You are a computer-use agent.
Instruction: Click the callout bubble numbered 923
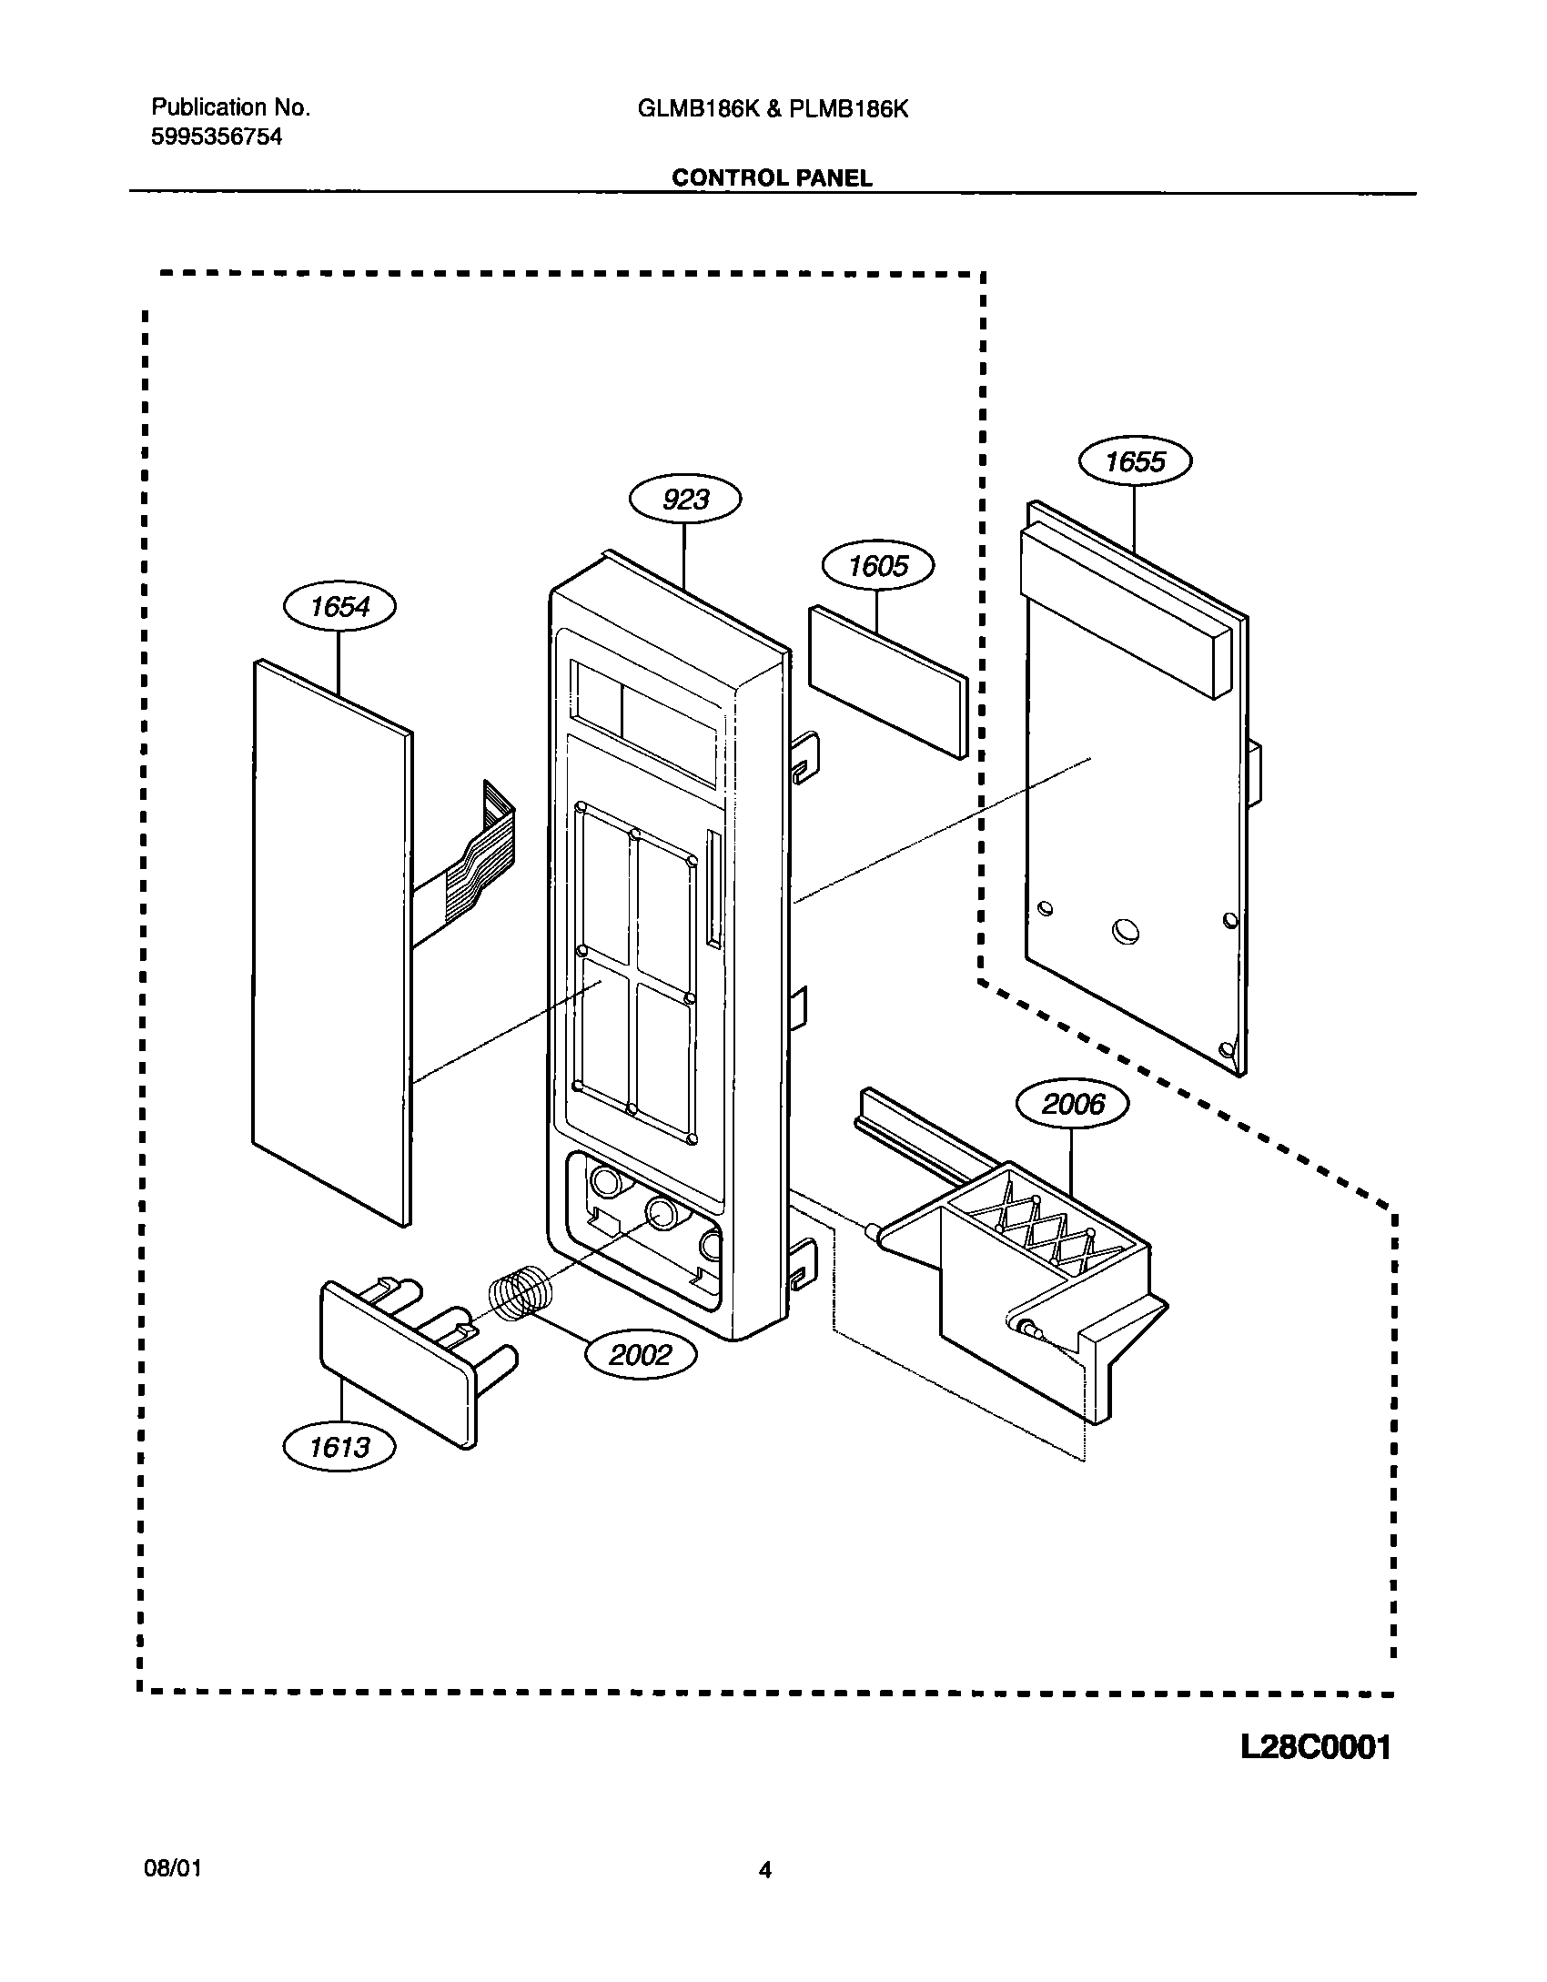[685, 500]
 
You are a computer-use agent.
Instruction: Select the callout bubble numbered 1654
[339, 606]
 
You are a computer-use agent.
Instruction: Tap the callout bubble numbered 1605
[878, 566]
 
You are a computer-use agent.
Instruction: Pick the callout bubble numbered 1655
[1135, 461]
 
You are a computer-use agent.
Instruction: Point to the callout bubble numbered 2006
[1072, 1105]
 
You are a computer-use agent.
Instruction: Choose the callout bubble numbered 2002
[640, 1355]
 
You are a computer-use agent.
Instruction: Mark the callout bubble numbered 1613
[339, 1447]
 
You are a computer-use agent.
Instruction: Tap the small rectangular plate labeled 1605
[887, 681]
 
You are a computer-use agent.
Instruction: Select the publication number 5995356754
[217, 137]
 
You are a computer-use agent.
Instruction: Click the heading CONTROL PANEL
[772, 178]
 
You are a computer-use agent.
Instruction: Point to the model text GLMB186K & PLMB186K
[773, 109]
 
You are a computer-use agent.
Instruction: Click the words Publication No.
[230, 107]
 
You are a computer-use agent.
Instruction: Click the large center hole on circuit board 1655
[1126, 930]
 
